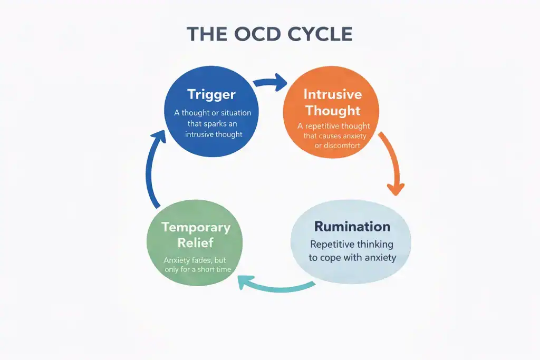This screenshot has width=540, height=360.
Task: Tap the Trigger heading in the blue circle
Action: pos(211,95)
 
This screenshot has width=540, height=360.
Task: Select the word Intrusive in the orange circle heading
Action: pos(332,94)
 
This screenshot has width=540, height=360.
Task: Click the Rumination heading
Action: pos(352,227)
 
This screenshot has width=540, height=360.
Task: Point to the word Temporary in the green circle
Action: pos(196,227)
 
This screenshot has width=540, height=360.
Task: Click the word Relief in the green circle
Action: pos(196,242)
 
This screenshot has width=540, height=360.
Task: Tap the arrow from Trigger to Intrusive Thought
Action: pos(269,83)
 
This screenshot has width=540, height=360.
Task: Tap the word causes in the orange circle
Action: pos(327,136)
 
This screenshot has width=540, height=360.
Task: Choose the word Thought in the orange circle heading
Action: pos(332,111)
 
